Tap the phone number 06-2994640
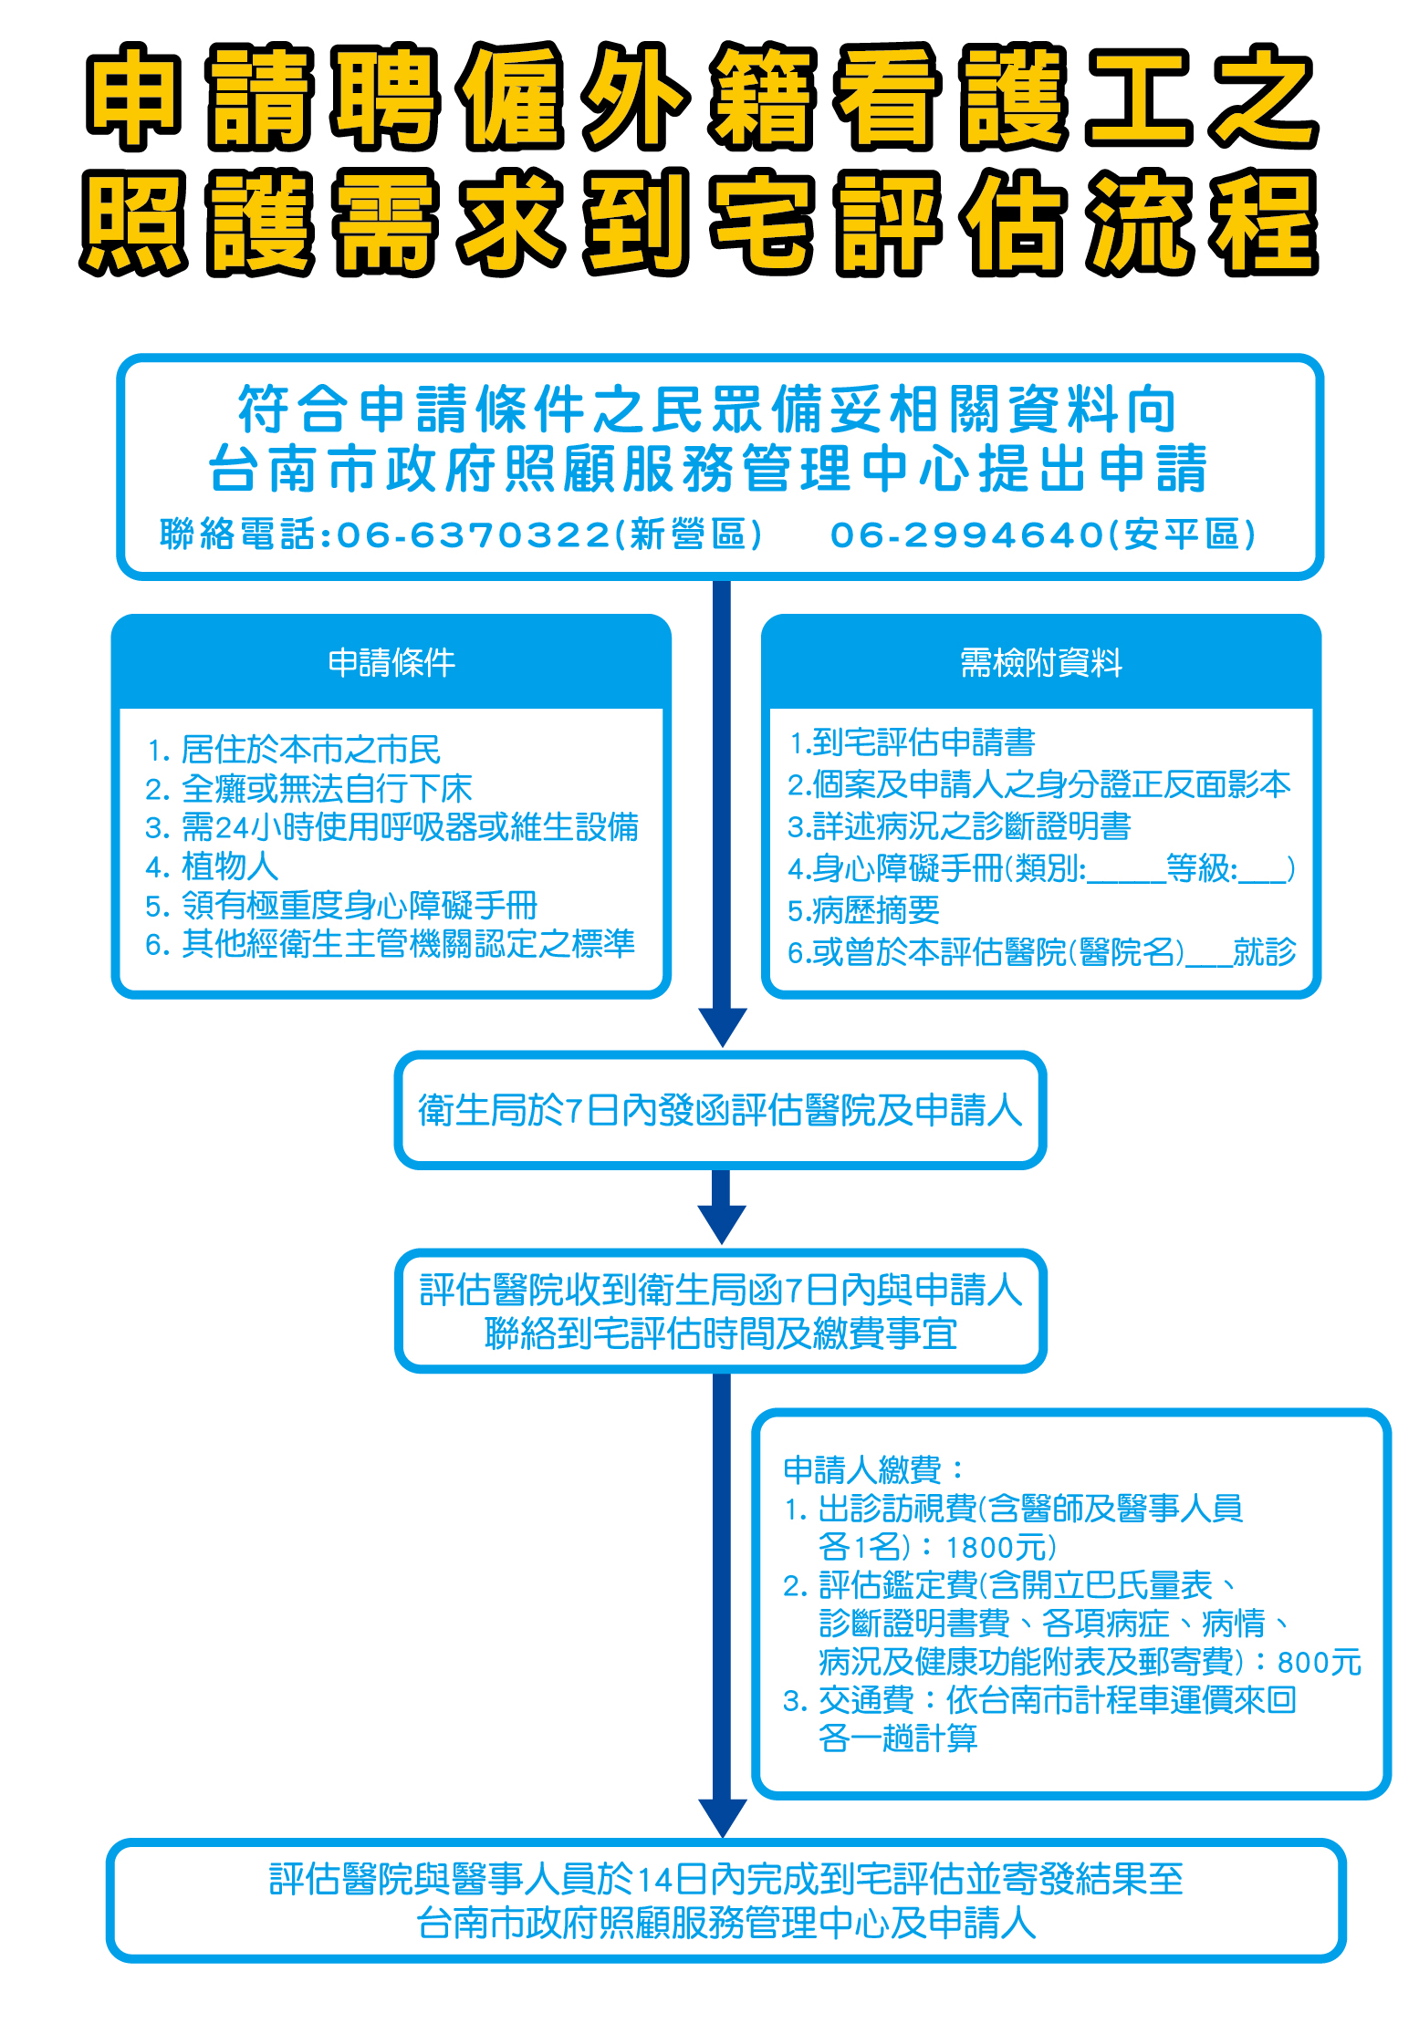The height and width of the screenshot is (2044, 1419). pyautogui.click(x=967, y=534)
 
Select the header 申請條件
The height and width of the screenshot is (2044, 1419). pyautogui.click(x=391, y=662)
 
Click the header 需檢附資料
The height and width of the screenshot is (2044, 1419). pyautogui.click(x=1041, y=662)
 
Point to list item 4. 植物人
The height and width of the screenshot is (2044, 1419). pyautogui.click(x=212, y=866)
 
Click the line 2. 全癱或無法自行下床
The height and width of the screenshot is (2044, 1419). pyautogui.click(x=308, y=788)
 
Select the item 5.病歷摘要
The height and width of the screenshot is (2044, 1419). pyautogui.click(x=863, y=909)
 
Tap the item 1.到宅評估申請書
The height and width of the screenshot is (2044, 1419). pyautogui.click(x=912, y=742)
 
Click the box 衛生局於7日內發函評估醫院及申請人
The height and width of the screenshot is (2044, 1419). pyautogui.click(x=720, y=1110)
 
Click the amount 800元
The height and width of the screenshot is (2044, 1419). pyautogui.click(x=1320, y=1662)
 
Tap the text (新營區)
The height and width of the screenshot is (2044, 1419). pyautogui.click(x=689, y=534)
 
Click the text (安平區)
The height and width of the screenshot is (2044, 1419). pyautogui.click(x=1183, y=534)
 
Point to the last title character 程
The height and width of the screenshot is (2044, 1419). pyautogui.click(x=1264, y=223)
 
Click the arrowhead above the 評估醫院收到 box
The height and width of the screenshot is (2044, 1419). pyautogui.click(x=722, y=1223)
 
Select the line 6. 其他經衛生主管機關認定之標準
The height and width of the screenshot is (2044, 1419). pyautogui.click(x=391, y=943)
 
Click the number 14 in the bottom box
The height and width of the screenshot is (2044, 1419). pyautogui.click(x=654, y=1880)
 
